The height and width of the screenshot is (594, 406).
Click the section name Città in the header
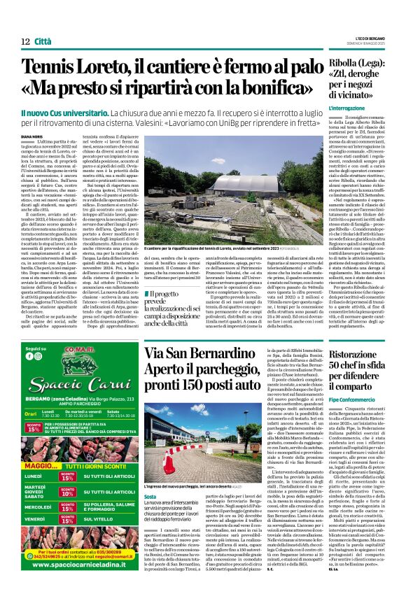(x=43, y=41)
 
